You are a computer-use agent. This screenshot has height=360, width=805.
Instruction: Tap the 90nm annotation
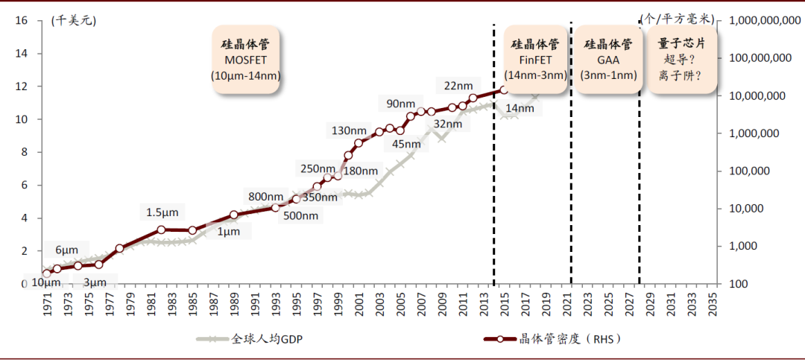[x=402, y=103]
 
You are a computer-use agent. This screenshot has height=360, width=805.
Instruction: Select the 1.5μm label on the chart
[x=162, y=212]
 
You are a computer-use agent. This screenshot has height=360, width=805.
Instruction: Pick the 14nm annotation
[x=520, y=109]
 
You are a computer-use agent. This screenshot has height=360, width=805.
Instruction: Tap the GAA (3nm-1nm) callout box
[x=608, y=60]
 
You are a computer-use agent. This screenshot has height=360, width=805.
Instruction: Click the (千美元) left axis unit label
[x=73, y=20]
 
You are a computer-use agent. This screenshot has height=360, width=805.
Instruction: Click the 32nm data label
[x=447, y=124]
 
